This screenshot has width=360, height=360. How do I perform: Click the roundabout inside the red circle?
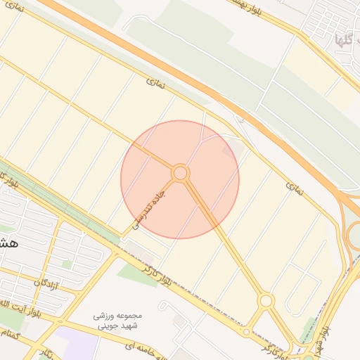click(180, 172)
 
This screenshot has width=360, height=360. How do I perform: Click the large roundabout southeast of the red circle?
click(266, 301)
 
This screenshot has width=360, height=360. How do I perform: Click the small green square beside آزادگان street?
click(67, 264)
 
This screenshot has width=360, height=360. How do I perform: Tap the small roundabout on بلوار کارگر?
click(246, 332)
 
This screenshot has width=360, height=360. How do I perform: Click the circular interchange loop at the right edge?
click(354, 236)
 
